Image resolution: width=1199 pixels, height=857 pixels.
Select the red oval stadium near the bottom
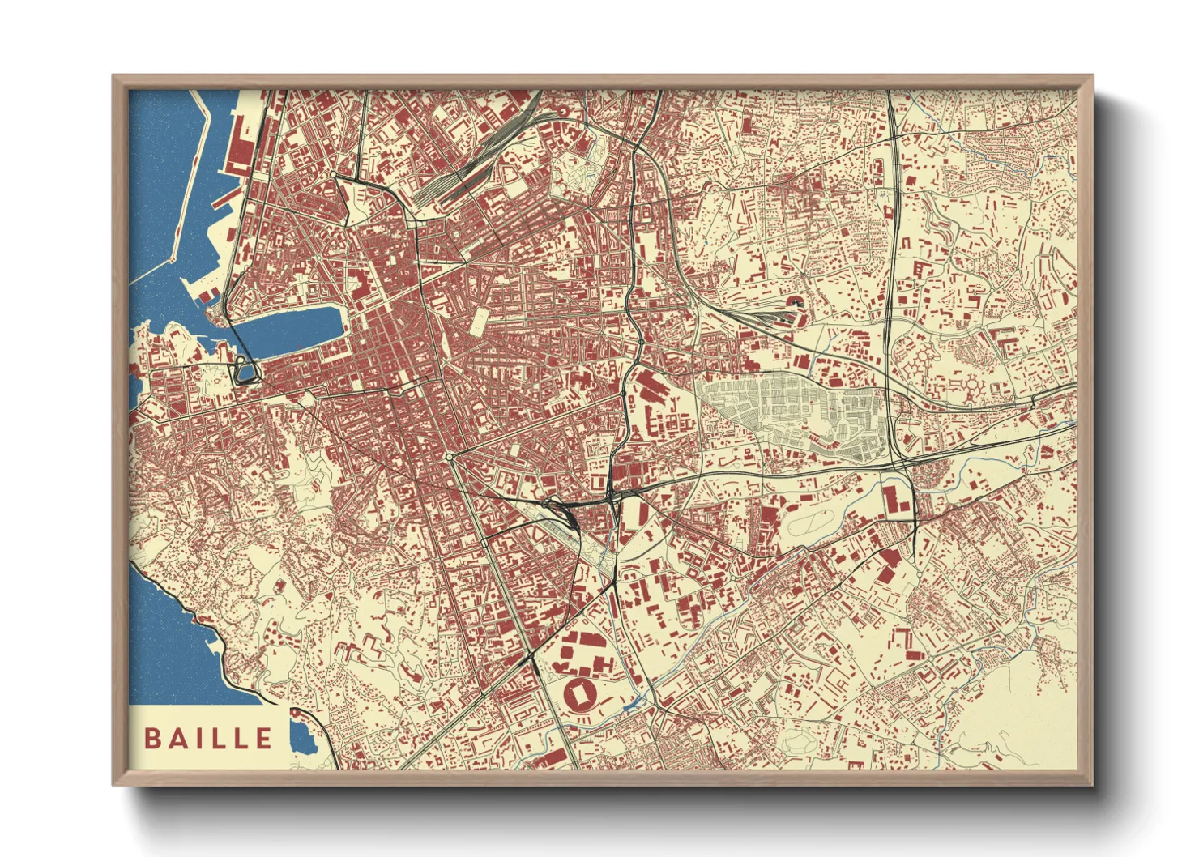point(581,694)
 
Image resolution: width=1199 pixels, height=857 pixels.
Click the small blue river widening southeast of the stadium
point(637,701)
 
